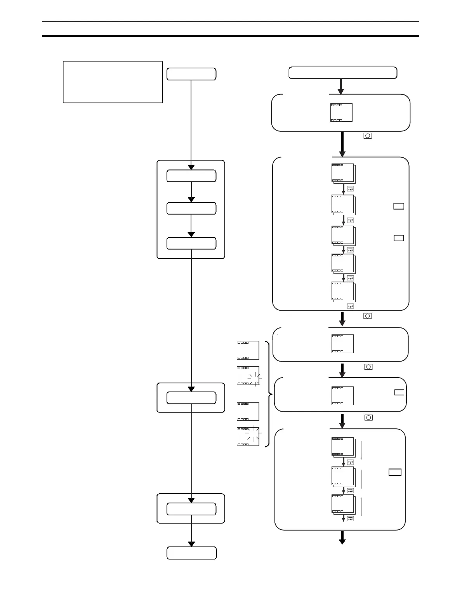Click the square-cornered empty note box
pos(113,82)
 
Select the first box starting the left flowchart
pos(191,74)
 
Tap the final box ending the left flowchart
pos(192,553)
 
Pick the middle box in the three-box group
pos(191,208)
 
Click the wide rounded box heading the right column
pos(343,73)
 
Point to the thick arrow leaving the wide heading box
pos(341,86)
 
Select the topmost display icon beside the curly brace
pos(248,350)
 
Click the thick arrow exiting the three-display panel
pos(342,537)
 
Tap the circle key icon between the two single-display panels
pos(368,367)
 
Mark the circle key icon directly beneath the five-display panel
pos(367,316)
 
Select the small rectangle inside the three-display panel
pos(395,472)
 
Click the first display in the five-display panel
pos(343,173)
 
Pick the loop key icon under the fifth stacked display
pos(350,306)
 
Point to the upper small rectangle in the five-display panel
pos(399,206)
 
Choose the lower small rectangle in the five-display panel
pos(399,238)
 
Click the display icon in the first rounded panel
pos(342,113)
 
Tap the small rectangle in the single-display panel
pos(399,392)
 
